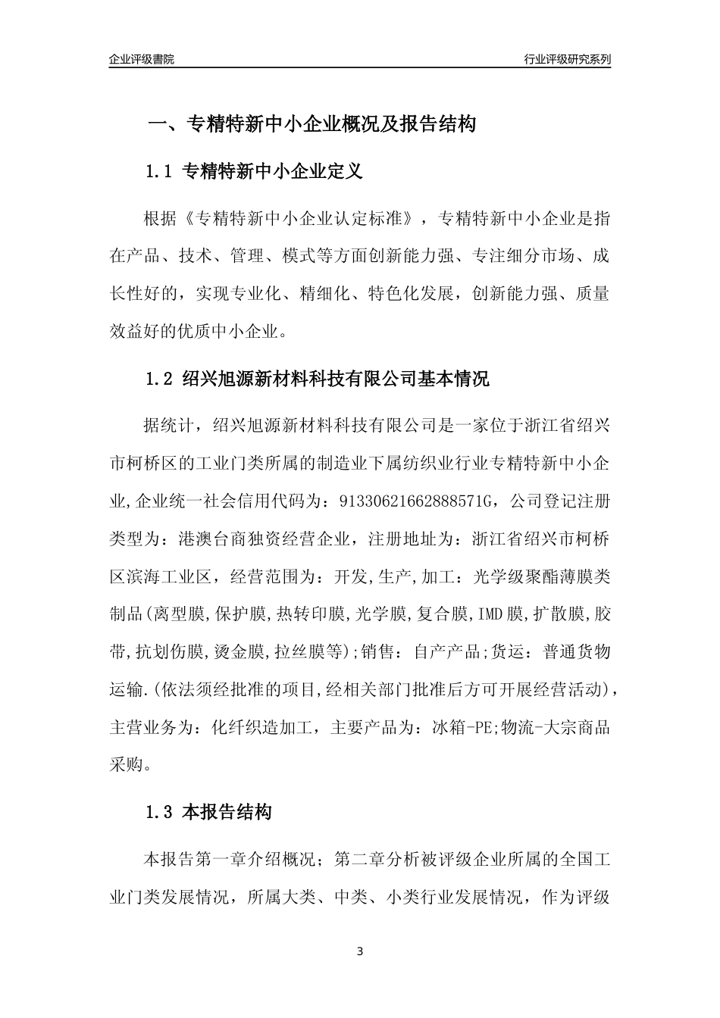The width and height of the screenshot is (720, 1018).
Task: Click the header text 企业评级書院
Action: (142, 59)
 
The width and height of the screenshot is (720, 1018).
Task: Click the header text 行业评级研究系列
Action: (567, 59)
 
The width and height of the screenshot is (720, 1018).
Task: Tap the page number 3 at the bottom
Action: (360, 951)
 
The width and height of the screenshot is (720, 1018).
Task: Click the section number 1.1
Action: (160, 172)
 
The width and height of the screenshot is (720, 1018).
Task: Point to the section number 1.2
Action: (160, 379)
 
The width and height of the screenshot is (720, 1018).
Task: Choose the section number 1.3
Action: (160, 813)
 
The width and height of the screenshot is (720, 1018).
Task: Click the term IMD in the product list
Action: (491, 613)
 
